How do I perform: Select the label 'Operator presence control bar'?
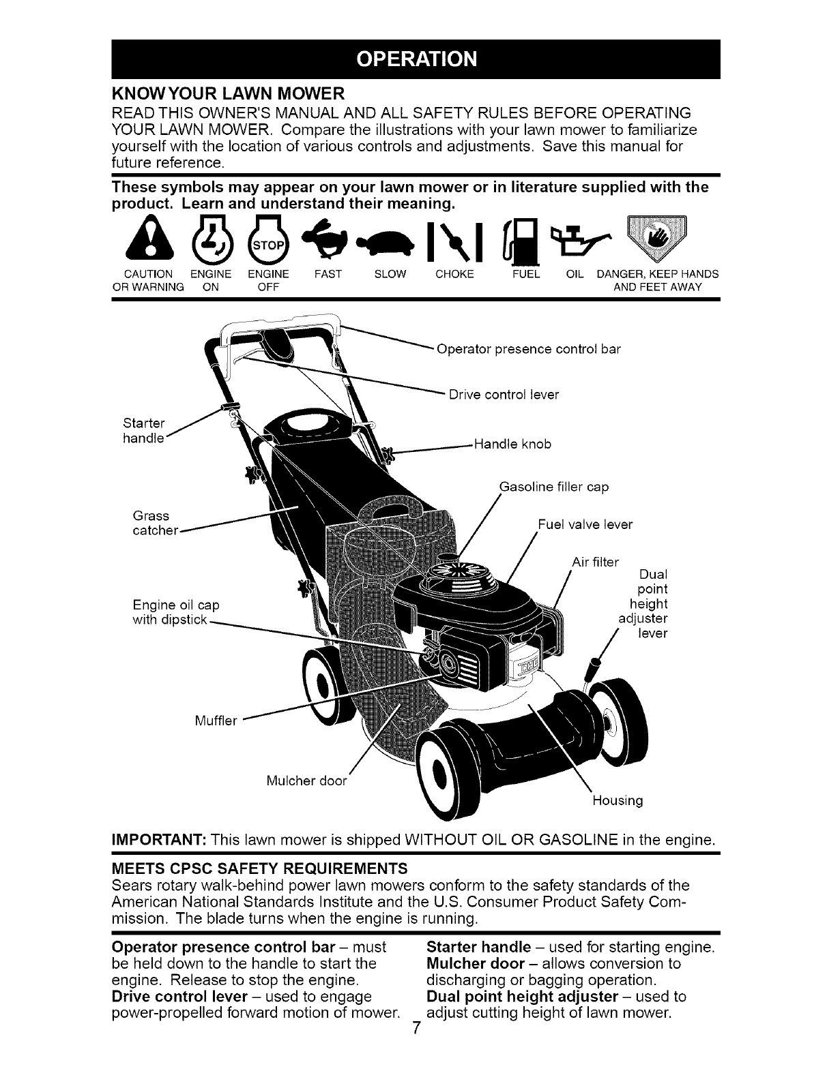click(x=528, y=350)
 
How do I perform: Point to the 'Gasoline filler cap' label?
click(x=554, y=487)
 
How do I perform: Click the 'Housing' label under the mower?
click(x=617, y=800)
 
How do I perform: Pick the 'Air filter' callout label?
click(x=594, y=562)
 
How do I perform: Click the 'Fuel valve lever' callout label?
click(x=585, y=524)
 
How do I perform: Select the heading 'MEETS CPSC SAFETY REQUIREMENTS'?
click(x=259, y=869)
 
